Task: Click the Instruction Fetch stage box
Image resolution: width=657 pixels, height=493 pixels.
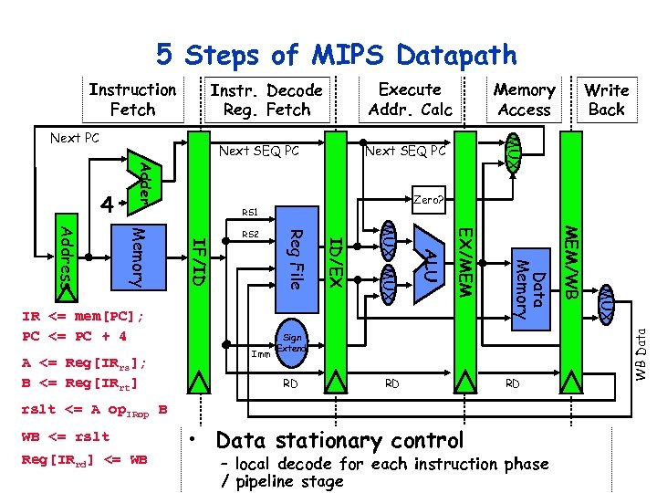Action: (x=132, y=100)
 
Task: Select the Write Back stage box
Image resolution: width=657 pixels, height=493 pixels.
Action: (x=606, y=100)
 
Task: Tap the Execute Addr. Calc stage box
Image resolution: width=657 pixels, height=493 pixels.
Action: (x=410, y=100)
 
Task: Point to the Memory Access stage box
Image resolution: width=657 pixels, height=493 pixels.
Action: (x=524, y=100)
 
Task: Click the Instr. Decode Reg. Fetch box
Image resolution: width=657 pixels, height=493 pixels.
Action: (x=266, y=100)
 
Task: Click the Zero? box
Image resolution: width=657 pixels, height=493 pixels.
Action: (x=428, y=199)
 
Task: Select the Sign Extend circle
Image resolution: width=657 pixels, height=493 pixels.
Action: (x=291, y=342)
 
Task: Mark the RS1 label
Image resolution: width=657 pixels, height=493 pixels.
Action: (x=250, y=213)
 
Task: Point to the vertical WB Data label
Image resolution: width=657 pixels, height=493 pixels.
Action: (x=641, y=356)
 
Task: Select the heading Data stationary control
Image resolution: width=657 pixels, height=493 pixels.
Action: (x=339, y=441)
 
